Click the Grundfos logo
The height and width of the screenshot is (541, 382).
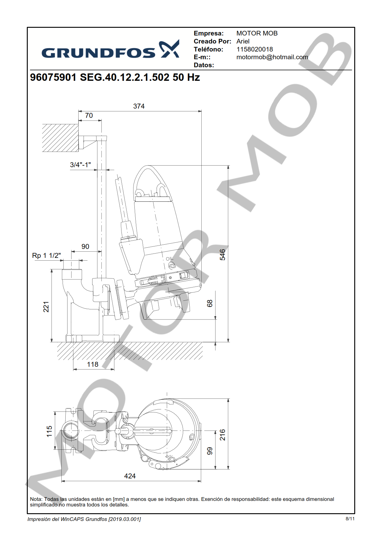110,50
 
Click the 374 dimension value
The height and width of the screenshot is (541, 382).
139,106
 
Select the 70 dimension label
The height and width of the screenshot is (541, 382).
89,115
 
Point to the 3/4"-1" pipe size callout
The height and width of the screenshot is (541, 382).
80,165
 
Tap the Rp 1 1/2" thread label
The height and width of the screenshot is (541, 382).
46,256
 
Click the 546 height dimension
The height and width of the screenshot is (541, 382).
222,255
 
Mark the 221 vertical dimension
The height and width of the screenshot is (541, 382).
46,307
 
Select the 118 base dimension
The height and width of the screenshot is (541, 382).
92,365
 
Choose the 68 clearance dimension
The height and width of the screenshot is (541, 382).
210,304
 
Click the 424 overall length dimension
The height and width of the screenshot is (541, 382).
130,476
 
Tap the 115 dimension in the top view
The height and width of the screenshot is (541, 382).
49,431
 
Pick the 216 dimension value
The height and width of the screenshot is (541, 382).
222,435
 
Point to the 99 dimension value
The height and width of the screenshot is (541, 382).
210,451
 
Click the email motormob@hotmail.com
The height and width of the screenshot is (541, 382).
272,57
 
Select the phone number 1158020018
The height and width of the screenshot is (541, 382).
254,49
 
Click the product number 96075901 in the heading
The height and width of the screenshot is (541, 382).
53,77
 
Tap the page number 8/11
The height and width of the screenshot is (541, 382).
350,519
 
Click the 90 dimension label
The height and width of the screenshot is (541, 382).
85,246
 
